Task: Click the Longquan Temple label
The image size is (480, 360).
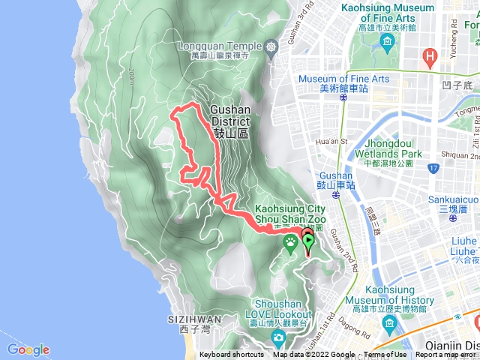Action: coord(220,46)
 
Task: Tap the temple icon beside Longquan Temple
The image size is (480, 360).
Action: coord(271,47)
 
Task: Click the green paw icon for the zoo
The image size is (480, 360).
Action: coord(290,241)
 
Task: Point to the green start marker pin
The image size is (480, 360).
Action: coord(307,241)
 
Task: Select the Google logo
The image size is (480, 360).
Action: coord(28,349)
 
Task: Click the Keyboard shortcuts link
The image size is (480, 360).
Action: coord(232,355)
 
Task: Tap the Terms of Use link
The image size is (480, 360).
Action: coord(385,355)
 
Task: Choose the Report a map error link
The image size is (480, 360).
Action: coord(445,355)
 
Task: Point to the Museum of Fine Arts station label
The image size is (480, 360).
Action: coord(343,83)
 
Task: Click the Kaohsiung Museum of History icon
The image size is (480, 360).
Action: coord(388,324)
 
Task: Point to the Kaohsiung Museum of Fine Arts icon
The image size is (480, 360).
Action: coord(386,42)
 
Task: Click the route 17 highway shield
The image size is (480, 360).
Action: coord(434,168)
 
